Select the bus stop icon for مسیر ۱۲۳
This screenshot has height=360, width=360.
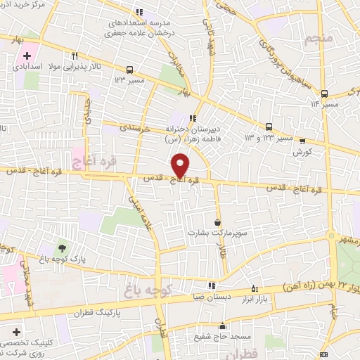pos(129,70)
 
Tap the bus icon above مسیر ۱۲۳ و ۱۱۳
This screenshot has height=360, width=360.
pos(269,127)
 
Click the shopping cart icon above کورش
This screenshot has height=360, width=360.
pos(302,139)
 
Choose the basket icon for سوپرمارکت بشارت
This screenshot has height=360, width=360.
pos(217,223)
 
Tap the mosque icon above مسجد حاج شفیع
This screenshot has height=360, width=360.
pos(223,326)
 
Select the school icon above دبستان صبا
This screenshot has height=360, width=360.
pos(211,285)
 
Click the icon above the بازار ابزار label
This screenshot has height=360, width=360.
pos(255,288)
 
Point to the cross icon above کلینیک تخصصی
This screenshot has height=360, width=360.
pos(16,330)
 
